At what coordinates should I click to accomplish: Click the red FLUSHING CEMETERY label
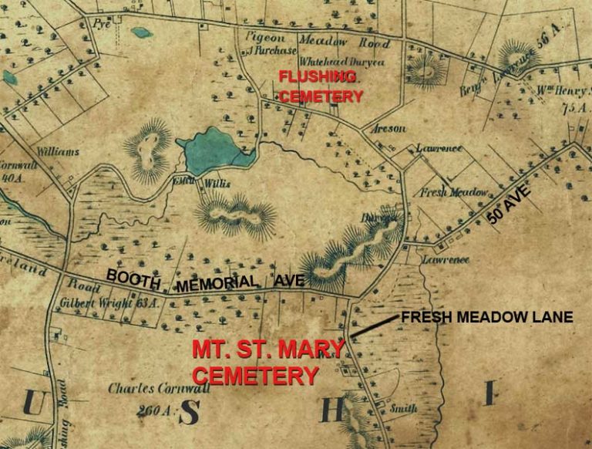coord(321,86)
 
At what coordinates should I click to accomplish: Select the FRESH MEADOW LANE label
coord(486,317)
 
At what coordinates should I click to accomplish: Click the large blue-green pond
coord(212,153)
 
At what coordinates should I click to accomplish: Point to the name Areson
coord(388,128)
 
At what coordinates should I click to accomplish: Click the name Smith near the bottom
coord(404,408)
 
